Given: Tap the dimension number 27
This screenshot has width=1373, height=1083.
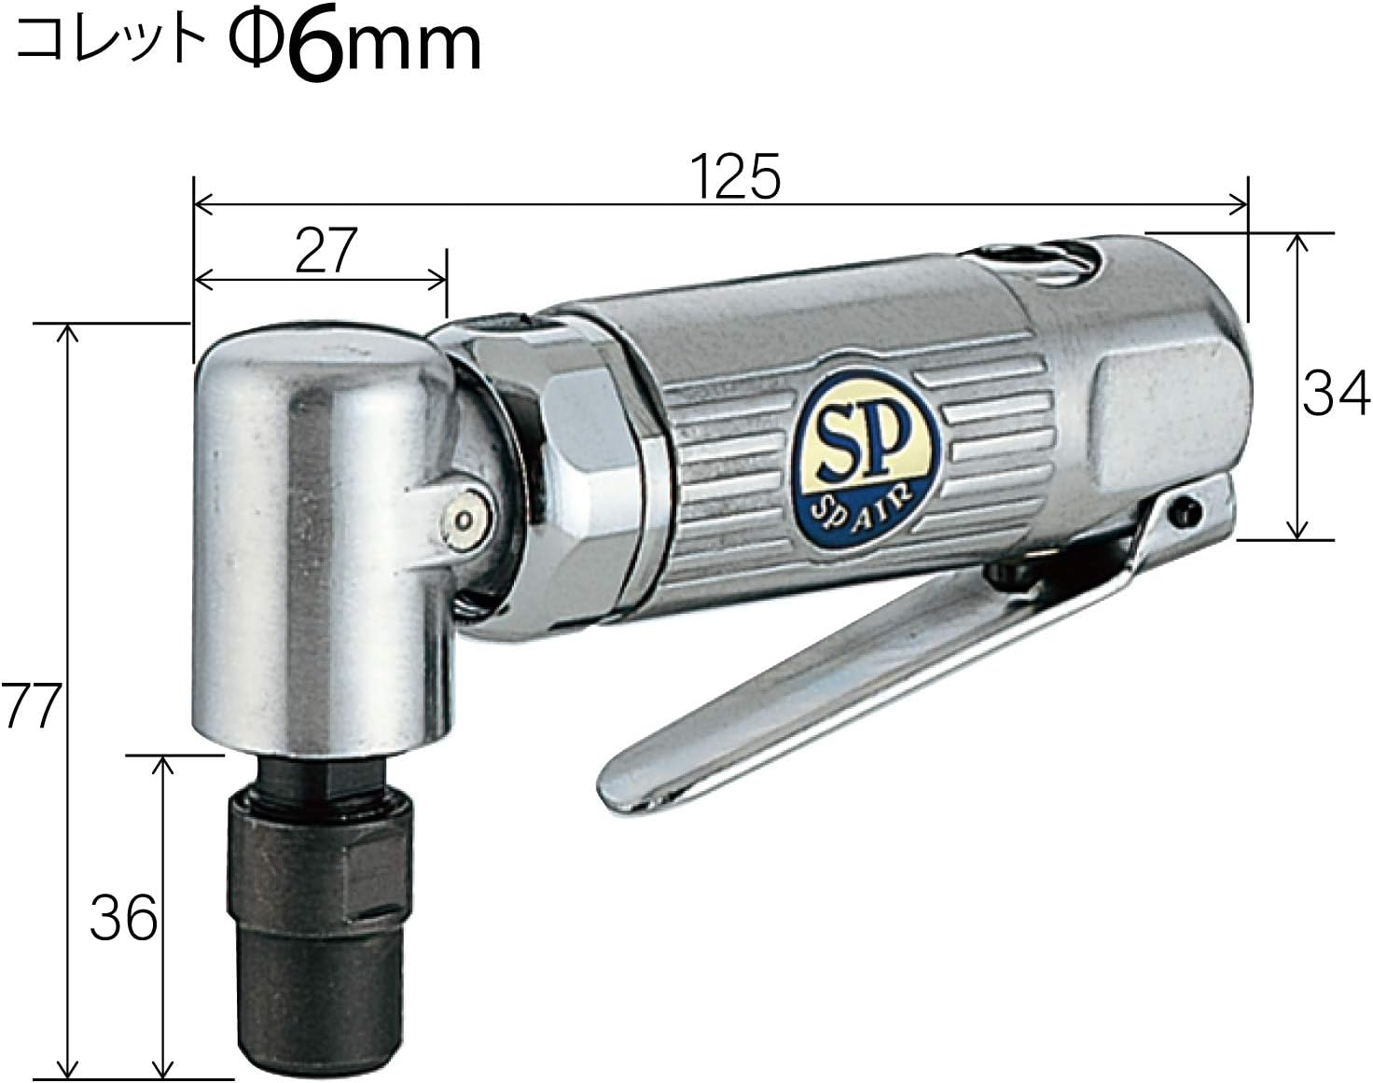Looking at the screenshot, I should pos(326,251).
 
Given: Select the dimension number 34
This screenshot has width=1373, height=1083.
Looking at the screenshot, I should pos(1337,393).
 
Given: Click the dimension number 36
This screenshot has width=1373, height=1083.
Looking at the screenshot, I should pos(123,919).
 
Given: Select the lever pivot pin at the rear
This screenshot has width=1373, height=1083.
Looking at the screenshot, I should pos(1186,509).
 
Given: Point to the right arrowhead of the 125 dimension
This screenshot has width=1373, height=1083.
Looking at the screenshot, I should pos(1241,202).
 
